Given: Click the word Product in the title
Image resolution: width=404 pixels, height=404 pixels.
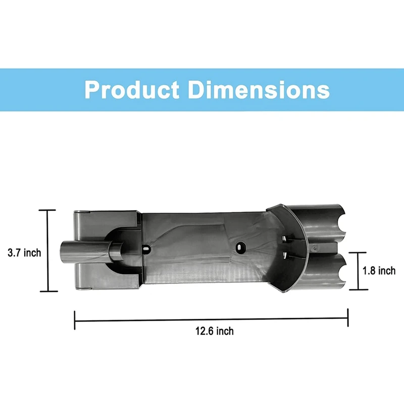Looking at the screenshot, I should (131, 90).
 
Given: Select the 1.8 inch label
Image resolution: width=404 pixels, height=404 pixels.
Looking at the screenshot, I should (379, 271).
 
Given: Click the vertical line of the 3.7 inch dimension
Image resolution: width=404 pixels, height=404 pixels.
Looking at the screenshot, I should (48, 250).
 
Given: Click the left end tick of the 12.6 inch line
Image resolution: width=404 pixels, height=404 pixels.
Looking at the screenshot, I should (75, 319).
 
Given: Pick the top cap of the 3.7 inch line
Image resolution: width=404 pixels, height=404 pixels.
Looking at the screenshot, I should (48, 210).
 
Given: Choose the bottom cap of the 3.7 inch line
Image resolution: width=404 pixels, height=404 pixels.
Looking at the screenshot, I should (48, 291).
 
